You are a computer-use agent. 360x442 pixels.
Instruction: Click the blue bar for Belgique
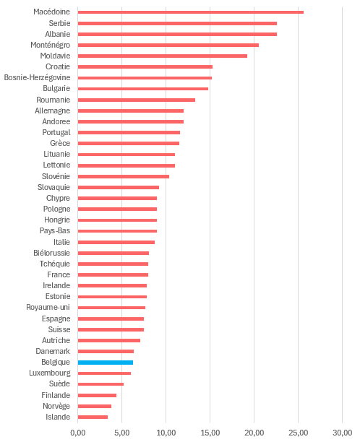pos(106,363)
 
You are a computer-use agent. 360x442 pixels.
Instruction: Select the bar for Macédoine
pos(191,12)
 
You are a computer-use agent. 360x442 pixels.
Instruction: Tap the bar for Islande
pos(93,417)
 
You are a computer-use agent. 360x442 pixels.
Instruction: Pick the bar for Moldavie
pos(163,56)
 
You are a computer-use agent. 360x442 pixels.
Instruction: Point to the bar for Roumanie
pos(137,100)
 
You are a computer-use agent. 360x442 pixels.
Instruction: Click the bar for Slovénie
pos(124,176)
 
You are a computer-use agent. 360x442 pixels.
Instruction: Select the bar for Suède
pos(100,384)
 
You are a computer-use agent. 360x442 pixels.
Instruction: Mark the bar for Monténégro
pos(168,45)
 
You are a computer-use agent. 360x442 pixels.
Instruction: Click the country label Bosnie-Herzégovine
pos(37,77)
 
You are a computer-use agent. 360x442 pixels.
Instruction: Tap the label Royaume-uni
pos(48,307)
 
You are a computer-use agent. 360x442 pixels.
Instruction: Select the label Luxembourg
pos(50,373)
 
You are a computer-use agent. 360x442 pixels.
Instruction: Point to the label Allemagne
pos(53,110)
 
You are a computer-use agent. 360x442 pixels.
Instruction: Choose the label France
pos(59,274)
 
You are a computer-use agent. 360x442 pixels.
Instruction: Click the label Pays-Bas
pos(55,231)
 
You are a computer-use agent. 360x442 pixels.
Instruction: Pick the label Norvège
pos(56,406)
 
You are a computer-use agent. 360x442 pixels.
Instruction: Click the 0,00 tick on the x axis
pos(77,433)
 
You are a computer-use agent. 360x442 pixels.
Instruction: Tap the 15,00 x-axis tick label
pos(210,433)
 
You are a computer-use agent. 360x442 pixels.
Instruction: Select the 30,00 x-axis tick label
pos(342,433)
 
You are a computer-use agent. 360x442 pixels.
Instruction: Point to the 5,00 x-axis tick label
pos(122,433)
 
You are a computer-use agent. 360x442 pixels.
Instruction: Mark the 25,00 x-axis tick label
pos(299,433)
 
